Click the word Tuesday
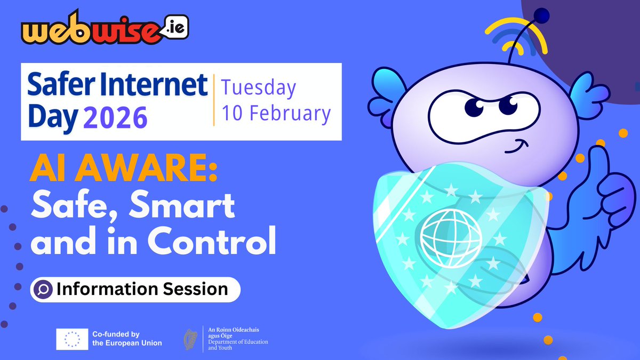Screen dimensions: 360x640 [259, 89]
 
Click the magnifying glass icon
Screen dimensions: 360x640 [42, 289]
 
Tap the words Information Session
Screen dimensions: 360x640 [142, 289]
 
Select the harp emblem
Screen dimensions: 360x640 [189, 339]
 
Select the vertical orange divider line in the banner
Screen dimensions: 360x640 [214, 100]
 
